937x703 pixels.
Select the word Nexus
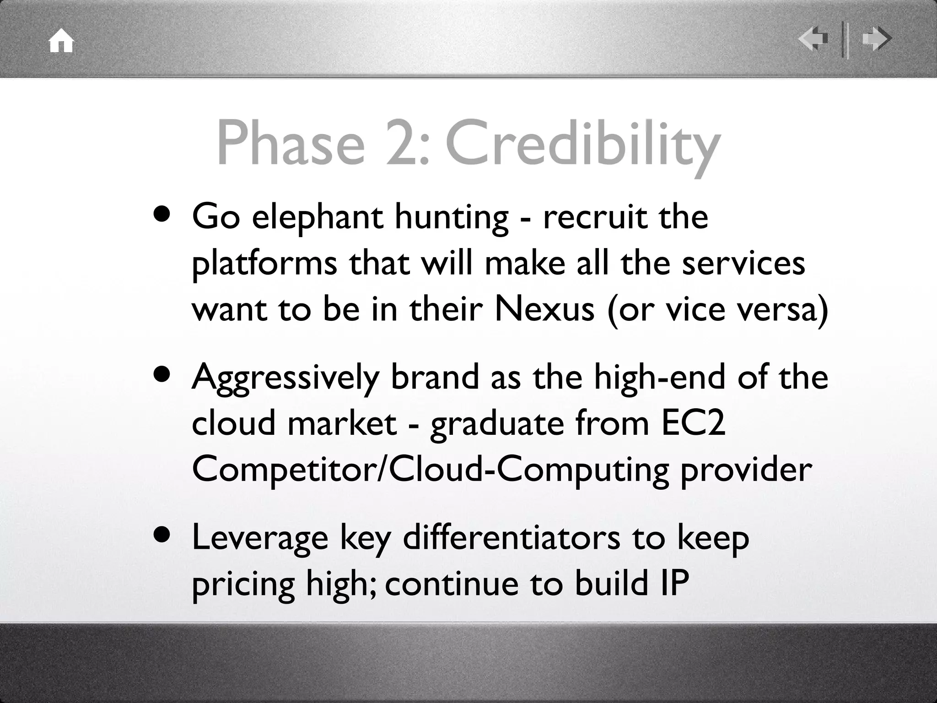coord(544,309)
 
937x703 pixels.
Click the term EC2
coord(693,423)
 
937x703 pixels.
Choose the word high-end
coord(659,377)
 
